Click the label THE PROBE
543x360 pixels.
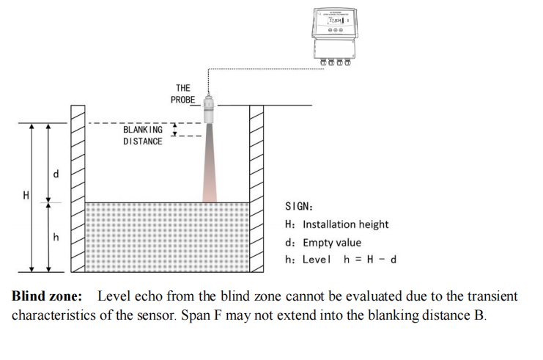[x=182, y=93]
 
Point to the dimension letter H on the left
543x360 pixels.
[x=26, y=196]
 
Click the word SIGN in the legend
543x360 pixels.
[x=297, y=207]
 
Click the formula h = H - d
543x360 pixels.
[x=370, y=260]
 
